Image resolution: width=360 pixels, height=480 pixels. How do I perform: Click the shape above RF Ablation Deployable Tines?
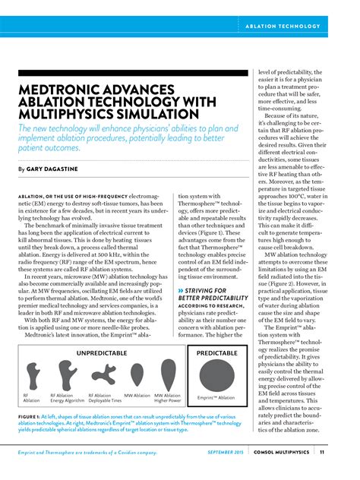[103, 374]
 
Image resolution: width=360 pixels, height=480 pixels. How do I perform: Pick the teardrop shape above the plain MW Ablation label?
[137, 375]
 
